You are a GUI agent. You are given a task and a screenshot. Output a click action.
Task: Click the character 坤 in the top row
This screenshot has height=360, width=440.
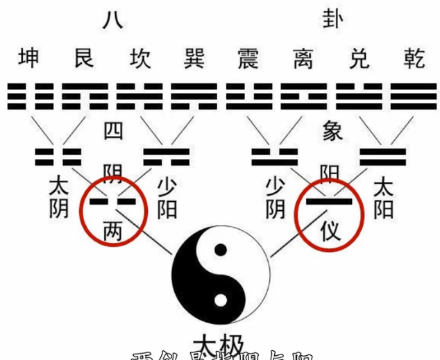[x=32, y=58]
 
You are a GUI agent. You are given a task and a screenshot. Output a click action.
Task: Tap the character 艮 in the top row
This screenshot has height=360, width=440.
[x=86, y=58]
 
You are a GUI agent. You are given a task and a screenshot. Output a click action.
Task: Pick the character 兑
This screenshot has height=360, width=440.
[x=356, y=58]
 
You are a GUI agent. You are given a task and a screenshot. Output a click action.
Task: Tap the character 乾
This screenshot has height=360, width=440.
[x=410, y=58]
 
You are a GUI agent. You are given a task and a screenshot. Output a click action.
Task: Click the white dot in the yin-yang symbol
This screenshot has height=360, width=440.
[x=221, y=300]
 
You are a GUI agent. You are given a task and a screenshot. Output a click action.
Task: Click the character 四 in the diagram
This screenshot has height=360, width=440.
[x=113, y=132]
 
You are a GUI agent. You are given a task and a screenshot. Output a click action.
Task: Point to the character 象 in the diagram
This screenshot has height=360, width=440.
[x=332, y=130]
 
